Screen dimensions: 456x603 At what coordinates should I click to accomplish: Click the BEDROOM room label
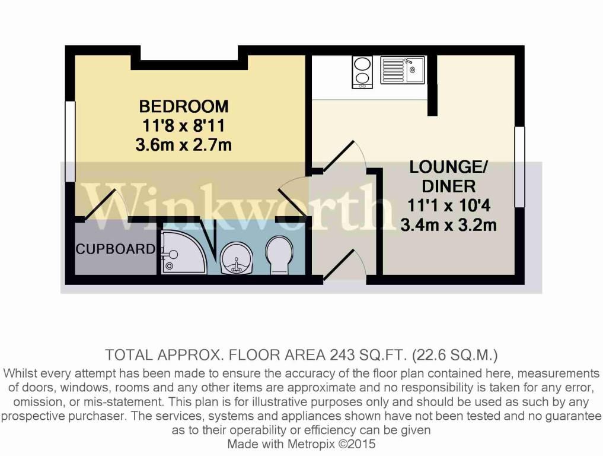click(x=183, y=107)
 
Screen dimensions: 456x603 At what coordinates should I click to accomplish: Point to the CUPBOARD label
click(x=115, y=249)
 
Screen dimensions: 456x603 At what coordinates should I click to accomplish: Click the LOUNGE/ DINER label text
click(x=449, y=176)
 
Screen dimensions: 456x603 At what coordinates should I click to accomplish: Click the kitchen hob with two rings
click(x=362, y=72)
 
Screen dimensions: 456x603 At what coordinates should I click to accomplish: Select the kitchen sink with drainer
click(x=403, y=70)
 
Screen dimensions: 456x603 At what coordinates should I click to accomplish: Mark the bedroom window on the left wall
click(x=70, y=141)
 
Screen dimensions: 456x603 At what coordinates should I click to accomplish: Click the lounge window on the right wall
click(x=519, y=167)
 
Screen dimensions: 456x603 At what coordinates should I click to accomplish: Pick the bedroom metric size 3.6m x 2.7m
click(x=183, y=144)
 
